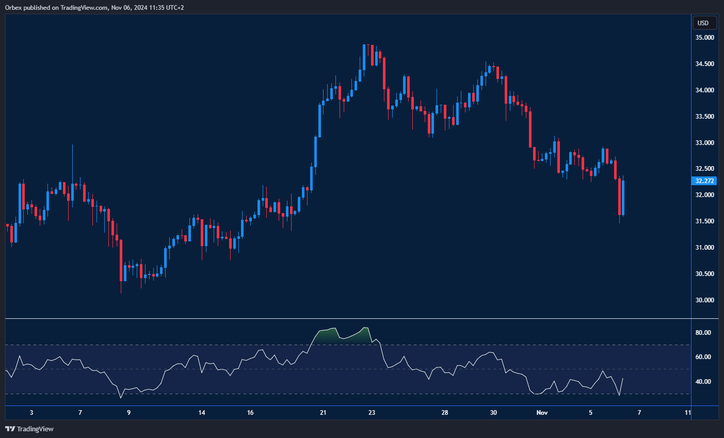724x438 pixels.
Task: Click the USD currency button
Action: pos(703,23)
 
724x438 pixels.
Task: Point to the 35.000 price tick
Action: pos(704,38)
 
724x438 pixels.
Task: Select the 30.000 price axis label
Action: pos(704,300)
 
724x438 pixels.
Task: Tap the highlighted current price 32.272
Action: pos(704,181)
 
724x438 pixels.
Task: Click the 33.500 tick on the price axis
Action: pos(704,117)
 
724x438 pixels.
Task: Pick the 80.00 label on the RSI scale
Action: pos(703,333)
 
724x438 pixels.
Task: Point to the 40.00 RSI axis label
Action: pos(703,382)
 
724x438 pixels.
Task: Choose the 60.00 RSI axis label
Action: pos(703,357)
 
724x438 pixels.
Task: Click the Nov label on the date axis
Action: pos(542,413)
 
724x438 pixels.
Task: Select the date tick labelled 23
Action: pos(372,413)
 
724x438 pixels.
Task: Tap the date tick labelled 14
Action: pos(202,413)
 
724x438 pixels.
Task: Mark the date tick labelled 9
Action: pos(128,413)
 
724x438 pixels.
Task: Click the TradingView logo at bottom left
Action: pos(29,429)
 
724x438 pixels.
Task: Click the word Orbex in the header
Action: pos(12,8)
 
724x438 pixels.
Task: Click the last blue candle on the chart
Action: pos(623,198)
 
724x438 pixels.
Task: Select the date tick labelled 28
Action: pos(445,413)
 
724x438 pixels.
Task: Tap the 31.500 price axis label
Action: pos(704,221)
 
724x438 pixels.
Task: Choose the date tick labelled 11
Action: pos(688,413)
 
